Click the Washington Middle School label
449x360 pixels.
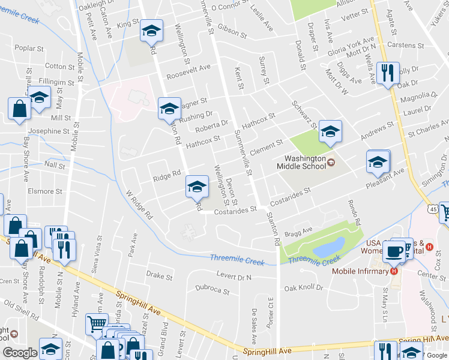click(x=301, y=162)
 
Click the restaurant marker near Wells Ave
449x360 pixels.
click(x=388, y=74)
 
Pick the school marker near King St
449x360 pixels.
click(x=151, y=30)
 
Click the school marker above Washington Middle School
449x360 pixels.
click(x=330, y=131)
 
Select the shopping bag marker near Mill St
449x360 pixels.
click(x=19, y=109)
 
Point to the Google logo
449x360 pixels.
click(x=20, y=353)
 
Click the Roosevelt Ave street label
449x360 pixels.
click(x=188, y=68)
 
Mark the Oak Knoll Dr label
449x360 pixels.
click(x=304, y=288)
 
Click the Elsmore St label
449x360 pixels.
click(x=46, y=191)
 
